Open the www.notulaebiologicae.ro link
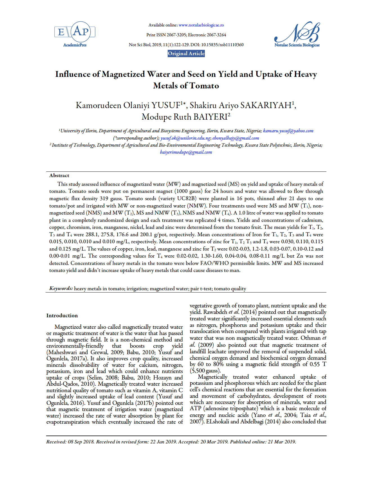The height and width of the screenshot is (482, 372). click(201, 25)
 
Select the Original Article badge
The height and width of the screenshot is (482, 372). click(186, 53)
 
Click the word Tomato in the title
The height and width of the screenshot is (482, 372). click(204, 86)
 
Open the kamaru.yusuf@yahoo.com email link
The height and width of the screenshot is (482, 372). click(288, 131)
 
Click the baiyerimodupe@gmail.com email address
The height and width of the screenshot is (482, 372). click(186, 152)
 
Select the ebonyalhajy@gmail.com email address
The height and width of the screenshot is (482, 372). click(236, 138)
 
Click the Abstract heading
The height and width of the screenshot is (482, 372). click(59, 175)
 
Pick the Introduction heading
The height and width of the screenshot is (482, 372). click(62, 316)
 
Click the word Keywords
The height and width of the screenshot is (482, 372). click(61, 289)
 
